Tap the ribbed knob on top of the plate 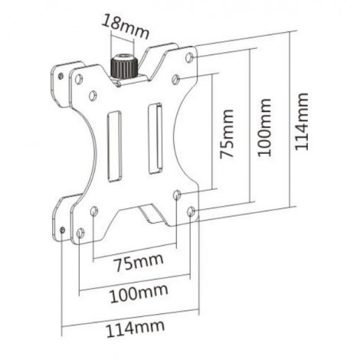pyautogui.click(x=121, y=65)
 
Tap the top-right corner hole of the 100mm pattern pyautogui.click(x=190, y=58)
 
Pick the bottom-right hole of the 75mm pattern pyautogui.click(x=177, y=195)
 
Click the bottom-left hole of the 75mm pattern pyautogui.click(x=93, y=210)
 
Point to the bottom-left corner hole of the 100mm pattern pyautogui.click(x=80, y=232)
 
